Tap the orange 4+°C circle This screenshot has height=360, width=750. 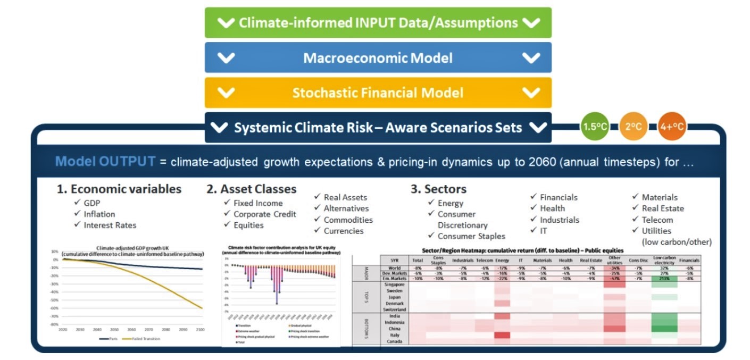(672, 127)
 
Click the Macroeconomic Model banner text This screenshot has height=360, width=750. (378, 57)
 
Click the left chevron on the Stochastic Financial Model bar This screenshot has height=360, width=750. (226, 93)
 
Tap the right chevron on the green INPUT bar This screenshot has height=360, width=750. (531, 22)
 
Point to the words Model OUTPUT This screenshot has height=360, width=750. (105, 162)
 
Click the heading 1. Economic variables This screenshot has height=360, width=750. (119, 189)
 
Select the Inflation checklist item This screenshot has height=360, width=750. (99, 214)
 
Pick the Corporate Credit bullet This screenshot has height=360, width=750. (264, 214)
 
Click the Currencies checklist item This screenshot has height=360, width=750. (344, 231)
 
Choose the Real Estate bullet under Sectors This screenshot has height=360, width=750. (662, 208)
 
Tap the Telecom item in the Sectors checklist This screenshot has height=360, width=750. (657, 220)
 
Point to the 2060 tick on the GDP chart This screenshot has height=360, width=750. (131, 330)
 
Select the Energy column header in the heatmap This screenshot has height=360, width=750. (502, 260)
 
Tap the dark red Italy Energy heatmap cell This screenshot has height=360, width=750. (502, 335)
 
